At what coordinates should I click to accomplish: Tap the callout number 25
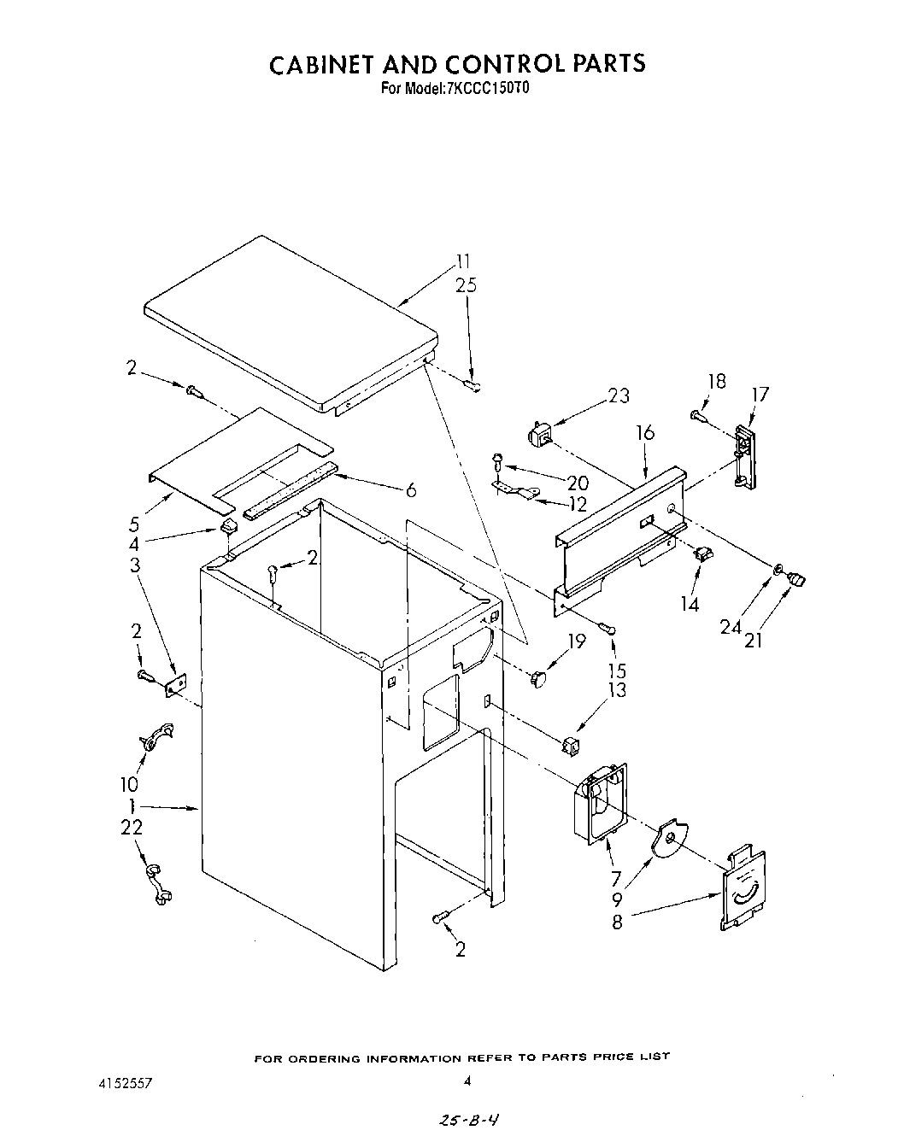(x=466, y=285)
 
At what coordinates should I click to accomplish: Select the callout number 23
(x=619, y=395)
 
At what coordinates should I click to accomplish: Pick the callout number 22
(x=132, y=827)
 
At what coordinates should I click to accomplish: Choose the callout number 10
(x=130, y=783)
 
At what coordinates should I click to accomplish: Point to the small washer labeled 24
(x=778, y=569)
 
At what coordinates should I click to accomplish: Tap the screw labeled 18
(x=697, y=415)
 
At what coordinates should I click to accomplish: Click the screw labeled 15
(x=608, y=630)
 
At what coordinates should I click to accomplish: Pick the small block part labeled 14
(x=704, y=554)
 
